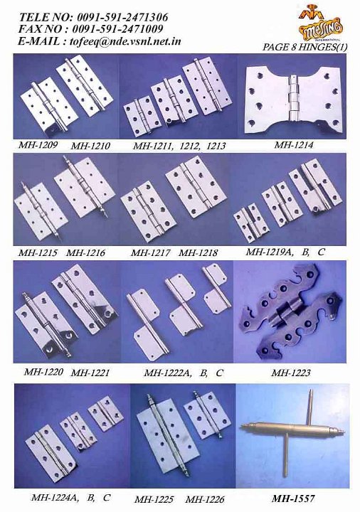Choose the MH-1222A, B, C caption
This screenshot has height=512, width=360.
coord(184,373)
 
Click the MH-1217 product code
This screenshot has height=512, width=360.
coord(151,253)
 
